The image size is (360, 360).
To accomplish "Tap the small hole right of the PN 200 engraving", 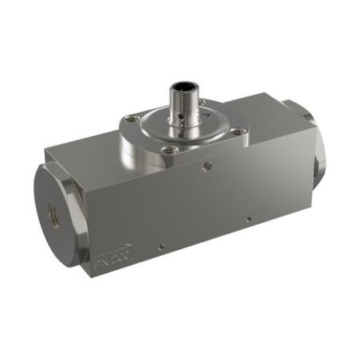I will [162, 245].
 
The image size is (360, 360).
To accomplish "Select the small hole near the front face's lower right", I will [249, 217].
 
